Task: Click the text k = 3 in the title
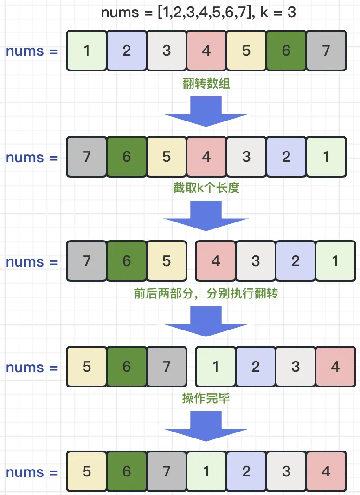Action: pyautogui.click(x=278, y=13)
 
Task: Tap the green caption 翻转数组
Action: pyautogui.click(x=206, y=83)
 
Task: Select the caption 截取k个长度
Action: pyautogui.click(x=206, y=188)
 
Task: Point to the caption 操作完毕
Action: pyautogui.click(x=206, y=398)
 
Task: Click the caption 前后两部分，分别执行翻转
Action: pyautogui.click(x=206, y=293)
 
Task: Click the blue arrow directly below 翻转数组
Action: pyautogui.click(x=206, y=111)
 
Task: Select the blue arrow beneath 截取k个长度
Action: pyautogui.click(x=206, y=216)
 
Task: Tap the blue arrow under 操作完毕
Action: pyautogui.click(x=206, y=426)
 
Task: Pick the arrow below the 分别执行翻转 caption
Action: pyautogui.click(x=206, y=322)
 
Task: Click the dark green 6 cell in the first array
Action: pyautogui.click(x=286, y=51)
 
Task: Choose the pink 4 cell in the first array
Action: pyautogui.click(x=206, y=51)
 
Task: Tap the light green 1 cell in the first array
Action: pyautogui.click(x=87, y=51)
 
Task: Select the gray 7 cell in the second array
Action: pyautogui.click(x=87, y=157)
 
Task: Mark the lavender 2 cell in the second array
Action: pyautogui.click(x=286, y=157)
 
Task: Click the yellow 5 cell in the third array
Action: pyautogui.click(x=167, y=261)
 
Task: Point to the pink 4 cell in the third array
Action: pyautogui.click(x=216, y=261)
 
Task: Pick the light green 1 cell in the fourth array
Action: pyautogui.click(x=216, y=367)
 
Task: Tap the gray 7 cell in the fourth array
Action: pyautogui.click(x=167, y=367)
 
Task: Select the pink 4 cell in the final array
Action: pyautogui.click(x=326, y=471)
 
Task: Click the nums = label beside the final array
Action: pyautogui.click(x=32, y=472)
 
